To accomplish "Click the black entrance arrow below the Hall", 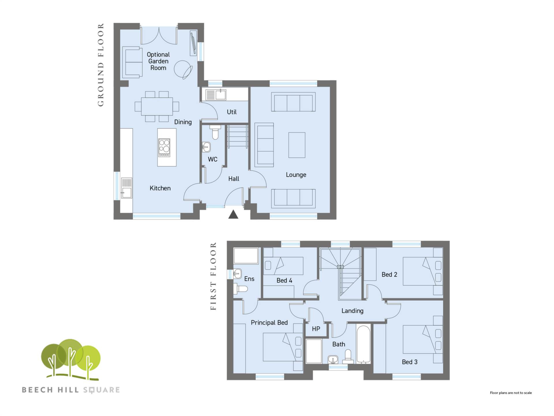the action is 233,214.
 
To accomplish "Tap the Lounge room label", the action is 296,174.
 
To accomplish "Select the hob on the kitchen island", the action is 164,148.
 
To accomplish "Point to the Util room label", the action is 232,112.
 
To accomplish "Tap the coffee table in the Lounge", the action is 297,145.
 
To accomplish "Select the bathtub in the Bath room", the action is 364,344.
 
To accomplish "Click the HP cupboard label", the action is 316,329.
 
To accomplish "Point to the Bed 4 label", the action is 284,280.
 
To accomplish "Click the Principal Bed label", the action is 269,322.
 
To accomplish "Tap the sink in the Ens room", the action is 237,273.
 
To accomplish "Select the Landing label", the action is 352,311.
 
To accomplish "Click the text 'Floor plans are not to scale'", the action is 511,393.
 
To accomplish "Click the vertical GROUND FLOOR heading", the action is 100,65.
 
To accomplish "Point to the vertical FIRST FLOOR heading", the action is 213,276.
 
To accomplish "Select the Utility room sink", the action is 216,94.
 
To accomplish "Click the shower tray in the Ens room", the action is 246,256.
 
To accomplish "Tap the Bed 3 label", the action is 410,362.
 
